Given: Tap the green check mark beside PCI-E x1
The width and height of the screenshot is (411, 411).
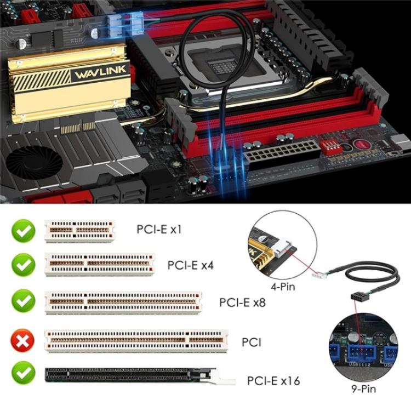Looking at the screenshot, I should point(23,231).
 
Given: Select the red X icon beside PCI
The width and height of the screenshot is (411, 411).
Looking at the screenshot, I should point(23,342).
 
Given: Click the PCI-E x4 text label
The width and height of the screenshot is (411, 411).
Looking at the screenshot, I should point(191,265).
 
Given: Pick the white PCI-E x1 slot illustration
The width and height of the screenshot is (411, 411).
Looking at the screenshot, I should point(80,231).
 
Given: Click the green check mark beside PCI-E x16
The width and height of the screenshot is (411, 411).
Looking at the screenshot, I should point(23,374).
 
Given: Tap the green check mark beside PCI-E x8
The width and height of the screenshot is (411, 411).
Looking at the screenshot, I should point(23,302).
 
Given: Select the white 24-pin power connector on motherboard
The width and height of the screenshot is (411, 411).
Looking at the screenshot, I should point(281,153).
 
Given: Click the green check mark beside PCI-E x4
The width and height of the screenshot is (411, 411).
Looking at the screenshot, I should point(23,265).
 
